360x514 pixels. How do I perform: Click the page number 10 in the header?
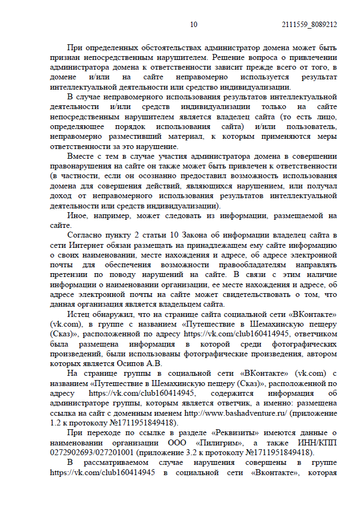coord(194,24)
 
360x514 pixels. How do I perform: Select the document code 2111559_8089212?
coord(310,24)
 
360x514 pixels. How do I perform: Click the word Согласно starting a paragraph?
coord(85,235)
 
